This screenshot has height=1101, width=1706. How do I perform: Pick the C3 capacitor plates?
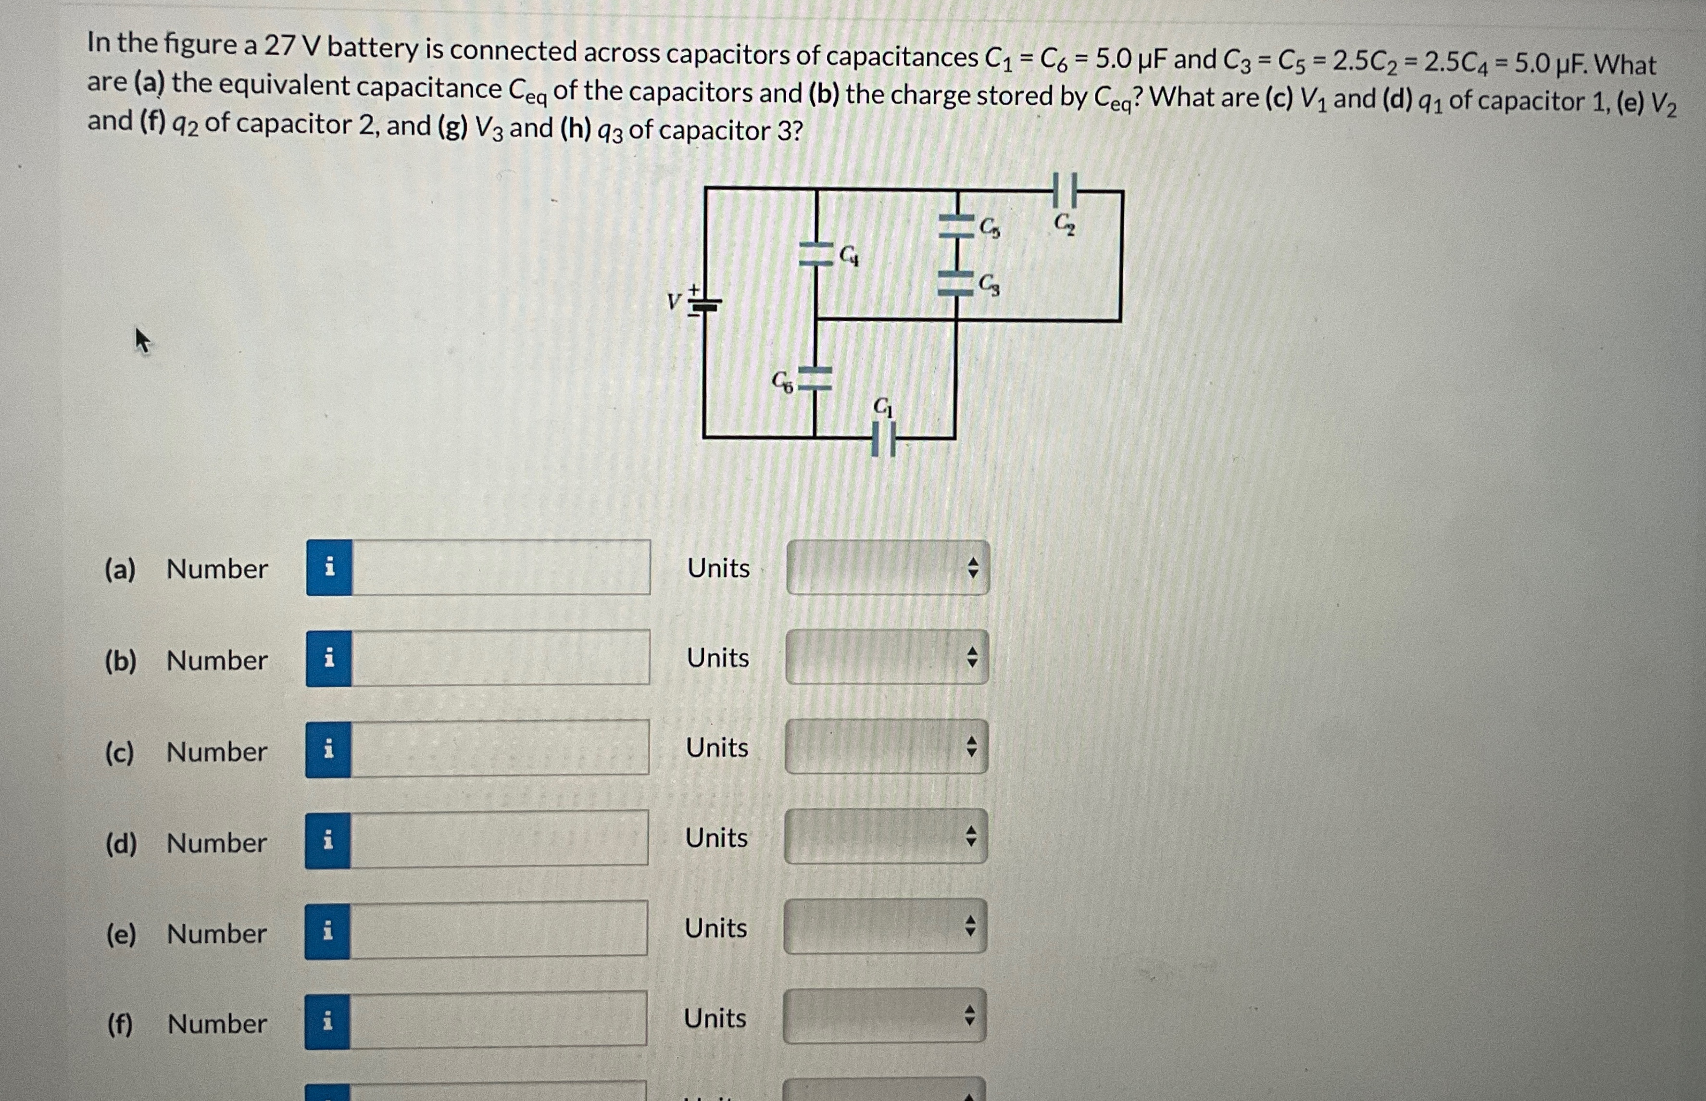coord(956,284)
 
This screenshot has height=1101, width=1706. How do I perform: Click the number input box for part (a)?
coord(501,568)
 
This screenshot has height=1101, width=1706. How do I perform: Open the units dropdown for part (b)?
coord(887,657)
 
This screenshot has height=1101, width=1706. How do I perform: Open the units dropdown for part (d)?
coord(885,837)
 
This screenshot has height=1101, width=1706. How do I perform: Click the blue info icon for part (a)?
coord(329,568)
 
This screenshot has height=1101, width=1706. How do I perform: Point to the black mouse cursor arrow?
coord(142,339)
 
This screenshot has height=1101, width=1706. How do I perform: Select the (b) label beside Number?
coord(120,661)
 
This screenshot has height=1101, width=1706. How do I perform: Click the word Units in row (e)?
coord(715,928)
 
